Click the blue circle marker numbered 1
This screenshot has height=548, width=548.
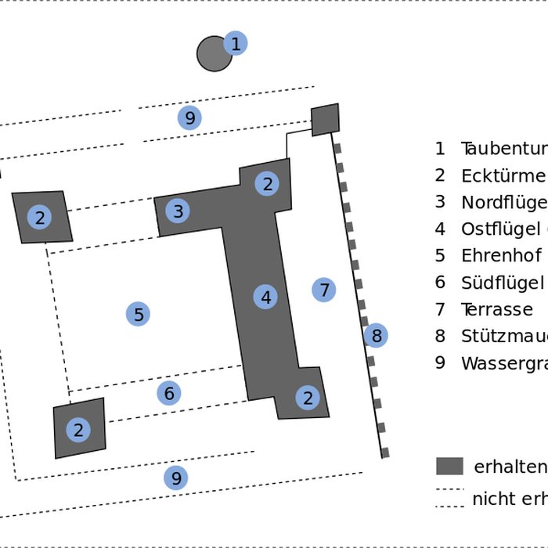pyautogui.click(x=236, y=44)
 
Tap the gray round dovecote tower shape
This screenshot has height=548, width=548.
pyautogui.click(x=212, y=54)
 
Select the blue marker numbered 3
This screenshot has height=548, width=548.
pyautogui.click(x=178, y=211)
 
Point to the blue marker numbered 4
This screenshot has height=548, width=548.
pyautogui.click(x=266, y=297)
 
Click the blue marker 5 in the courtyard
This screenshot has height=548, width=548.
pyautogui.click(x=139, y=315)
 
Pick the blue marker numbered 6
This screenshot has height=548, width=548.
pyautogui.click(x=169, y=393)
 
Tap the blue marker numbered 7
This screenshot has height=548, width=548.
pyautogui.click(x=324, y=290)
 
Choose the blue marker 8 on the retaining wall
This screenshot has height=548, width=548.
pyautogui.click(x=376, y=336)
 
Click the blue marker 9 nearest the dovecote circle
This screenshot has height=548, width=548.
pyautogui.click(x=189, y=118)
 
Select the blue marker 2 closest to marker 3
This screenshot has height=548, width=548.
pyautogui.click(x=267, y=184)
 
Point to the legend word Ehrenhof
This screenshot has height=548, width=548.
pyautogui.click(x=501, y=256)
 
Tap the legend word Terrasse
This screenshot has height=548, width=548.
pyautogui.click(x=496, y=309)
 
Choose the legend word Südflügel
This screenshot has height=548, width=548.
pyautogui.click(x=502, y=283)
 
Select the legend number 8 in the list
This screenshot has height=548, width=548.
pyautogui.click(x=440, y=337)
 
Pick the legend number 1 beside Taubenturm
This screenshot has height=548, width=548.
pyautogui.click(x=440, y=148)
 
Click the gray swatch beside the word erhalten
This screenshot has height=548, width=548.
pyautogui.click(x=449, y=467)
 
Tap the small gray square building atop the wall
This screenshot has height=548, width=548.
pyautogui.click(x=326, y=119)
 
